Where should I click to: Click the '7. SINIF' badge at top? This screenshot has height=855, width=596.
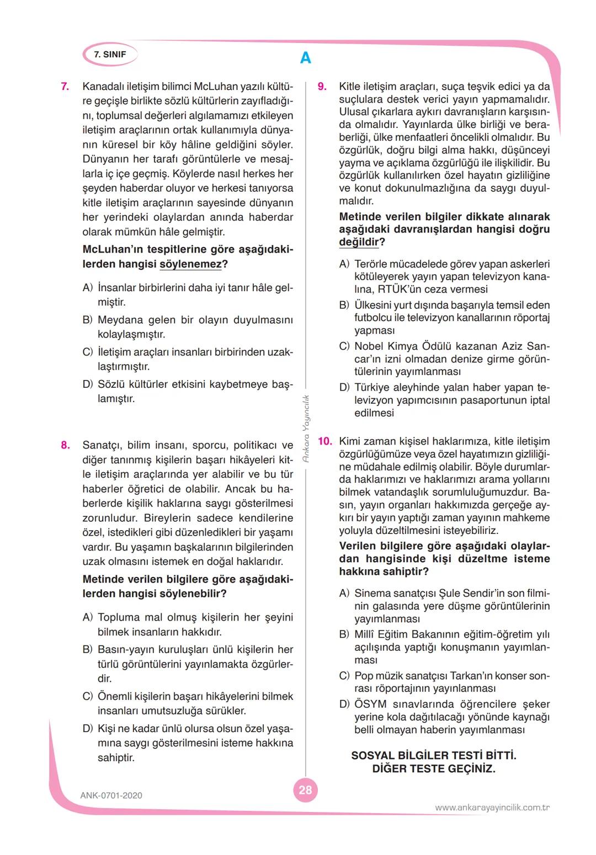(110, 55)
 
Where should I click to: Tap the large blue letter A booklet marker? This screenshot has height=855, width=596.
(305, 58)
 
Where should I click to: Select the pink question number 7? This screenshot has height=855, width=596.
(65, 87)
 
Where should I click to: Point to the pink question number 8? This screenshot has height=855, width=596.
(65, 445)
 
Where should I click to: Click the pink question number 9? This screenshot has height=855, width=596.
(322, 87)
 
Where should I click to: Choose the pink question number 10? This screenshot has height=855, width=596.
(324, 441)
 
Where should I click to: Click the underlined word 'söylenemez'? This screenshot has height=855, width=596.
(190, 264)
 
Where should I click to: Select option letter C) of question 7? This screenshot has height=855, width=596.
(87, 352)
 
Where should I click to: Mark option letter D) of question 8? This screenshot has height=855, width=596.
(87, 729)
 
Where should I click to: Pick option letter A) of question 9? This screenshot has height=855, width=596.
(344, 264)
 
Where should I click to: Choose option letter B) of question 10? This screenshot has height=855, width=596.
(344, 634)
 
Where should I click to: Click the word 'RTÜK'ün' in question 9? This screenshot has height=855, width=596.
(401, 290)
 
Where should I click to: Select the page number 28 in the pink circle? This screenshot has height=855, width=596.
(305, 790)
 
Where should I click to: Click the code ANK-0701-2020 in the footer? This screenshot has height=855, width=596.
(111, 795)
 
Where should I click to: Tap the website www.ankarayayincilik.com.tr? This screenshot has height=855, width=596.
(492, 808)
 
